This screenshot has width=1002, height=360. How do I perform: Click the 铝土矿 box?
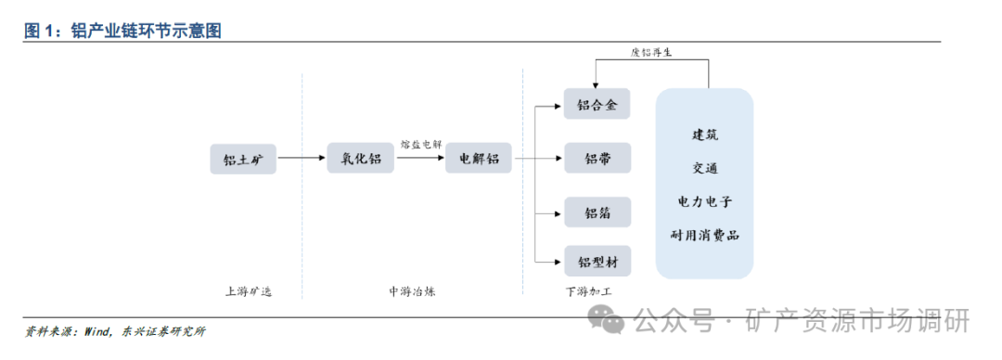(243, 159)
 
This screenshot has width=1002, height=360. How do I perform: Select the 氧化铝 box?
(361, 159)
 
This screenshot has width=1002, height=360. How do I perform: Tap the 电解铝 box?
(479, 159)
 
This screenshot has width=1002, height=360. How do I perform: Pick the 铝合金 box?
(597, 104)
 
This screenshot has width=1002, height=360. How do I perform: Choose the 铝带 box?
(597, 159)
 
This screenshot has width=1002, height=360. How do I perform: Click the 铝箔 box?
(597, 212)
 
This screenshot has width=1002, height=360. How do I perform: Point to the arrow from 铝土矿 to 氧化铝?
(302, 159)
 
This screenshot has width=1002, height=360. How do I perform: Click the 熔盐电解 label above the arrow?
(420, 145)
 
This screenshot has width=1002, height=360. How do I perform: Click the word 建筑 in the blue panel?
(704, 135)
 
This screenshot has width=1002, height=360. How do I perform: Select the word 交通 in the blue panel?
(704, 168)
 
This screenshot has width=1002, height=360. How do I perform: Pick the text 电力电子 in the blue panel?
(704, 201)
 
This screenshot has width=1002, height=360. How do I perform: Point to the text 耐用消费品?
(704, 236)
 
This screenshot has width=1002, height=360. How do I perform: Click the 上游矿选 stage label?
(249, 291)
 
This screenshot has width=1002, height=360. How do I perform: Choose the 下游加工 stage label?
(589, 291)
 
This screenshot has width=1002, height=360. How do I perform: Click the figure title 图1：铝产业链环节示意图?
(122, 31)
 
